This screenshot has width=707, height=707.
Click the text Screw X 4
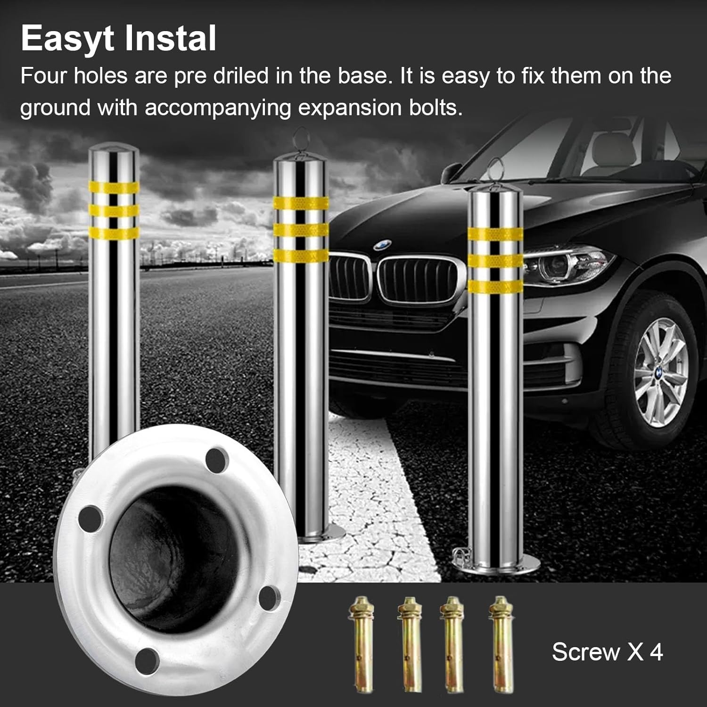pyautogui.click(x=607, y=652)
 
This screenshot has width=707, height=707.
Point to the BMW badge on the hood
pyautogui.click(x=382, y=246)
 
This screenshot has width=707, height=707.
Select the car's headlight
pyautogui.click(x=566, y=264)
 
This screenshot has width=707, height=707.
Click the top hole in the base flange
pyautogui.click(x=217, y=459)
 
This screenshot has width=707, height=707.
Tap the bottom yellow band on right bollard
pyautogui.click(x=495, y=287)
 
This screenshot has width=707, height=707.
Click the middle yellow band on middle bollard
pyautogui.click(x=301, y=230)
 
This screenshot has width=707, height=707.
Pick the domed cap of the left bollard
pyautogui.click(x=114, y=153)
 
